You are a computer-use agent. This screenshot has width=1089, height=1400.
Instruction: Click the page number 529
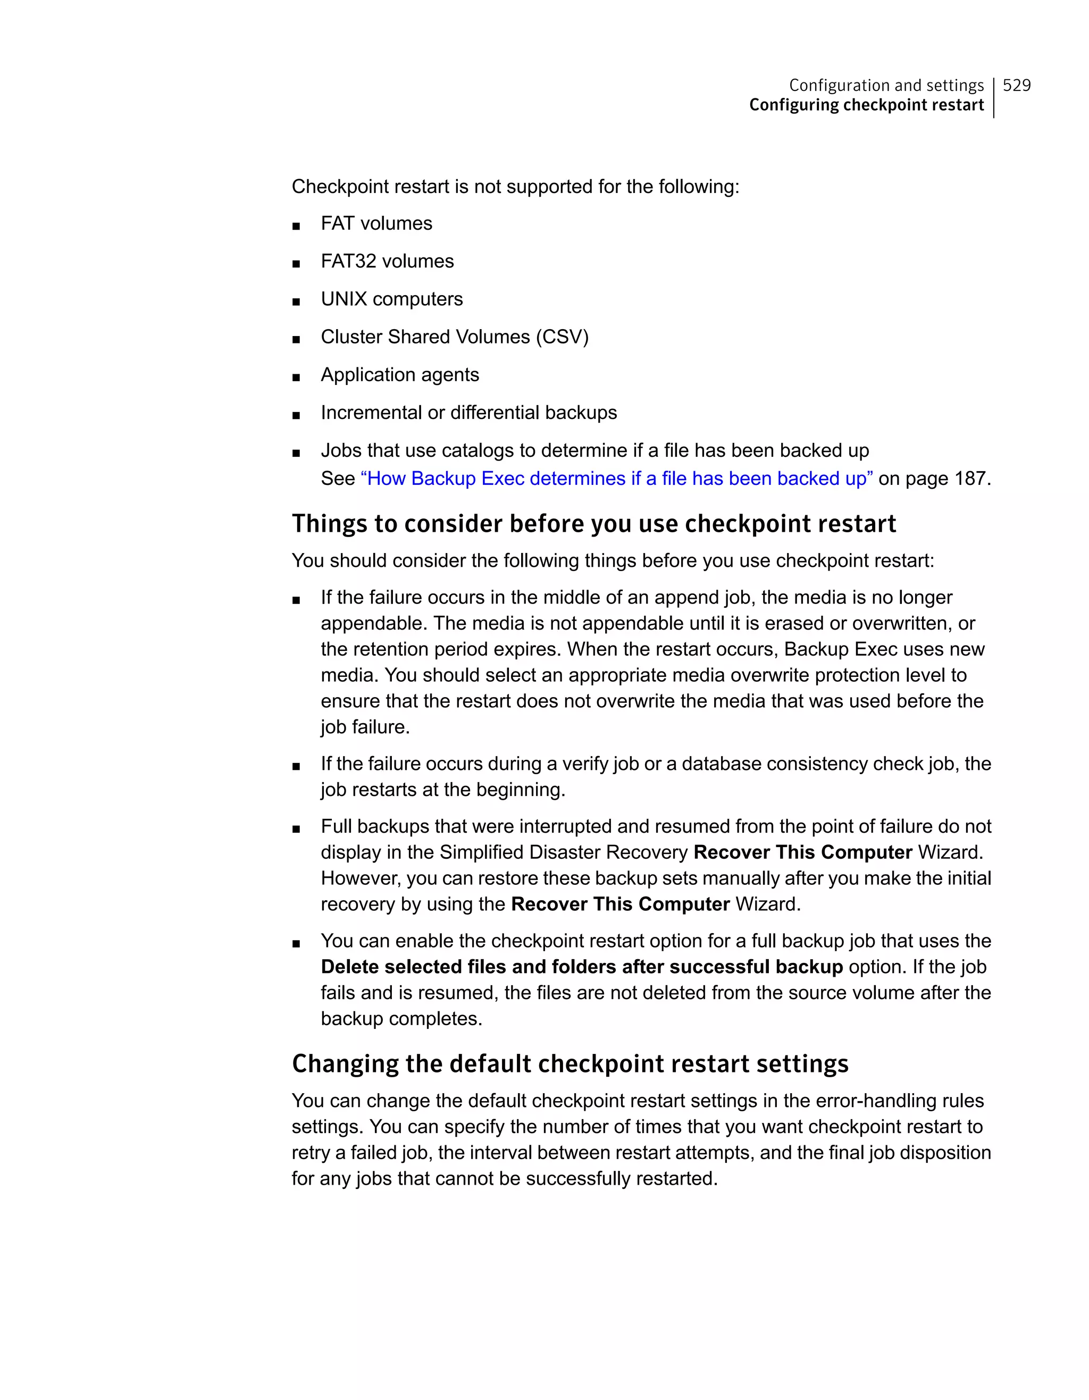click(x=1016, y=85)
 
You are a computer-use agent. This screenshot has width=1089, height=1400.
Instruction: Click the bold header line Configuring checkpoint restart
click(x=866, y=105)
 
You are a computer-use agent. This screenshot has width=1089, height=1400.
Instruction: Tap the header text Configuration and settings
click(x=886, y=85)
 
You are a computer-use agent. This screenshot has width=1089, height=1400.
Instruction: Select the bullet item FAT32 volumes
click(x=387, y=262)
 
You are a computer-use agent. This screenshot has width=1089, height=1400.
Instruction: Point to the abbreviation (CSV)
click(x=562, y=337)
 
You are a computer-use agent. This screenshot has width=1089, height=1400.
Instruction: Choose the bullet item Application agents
click(x=400, y=375)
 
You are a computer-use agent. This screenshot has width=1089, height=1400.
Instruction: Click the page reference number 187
click(x=969, y=479)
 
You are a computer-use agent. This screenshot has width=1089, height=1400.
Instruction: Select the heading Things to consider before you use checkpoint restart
click(x=593, y=524)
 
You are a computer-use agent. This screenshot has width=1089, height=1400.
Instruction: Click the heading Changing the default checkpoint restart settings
click(x=570, y=1064)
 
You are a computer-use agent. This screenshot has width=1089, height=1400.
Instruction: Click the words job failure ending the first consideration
click(x=365, y=727)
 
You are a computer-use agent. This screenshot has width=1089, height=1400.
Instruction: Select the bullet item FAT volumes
click(x=376, y=224)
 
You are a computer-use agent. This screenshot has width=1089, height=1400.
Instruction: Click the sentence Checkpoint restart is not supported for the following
click(x=515, y=187)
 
